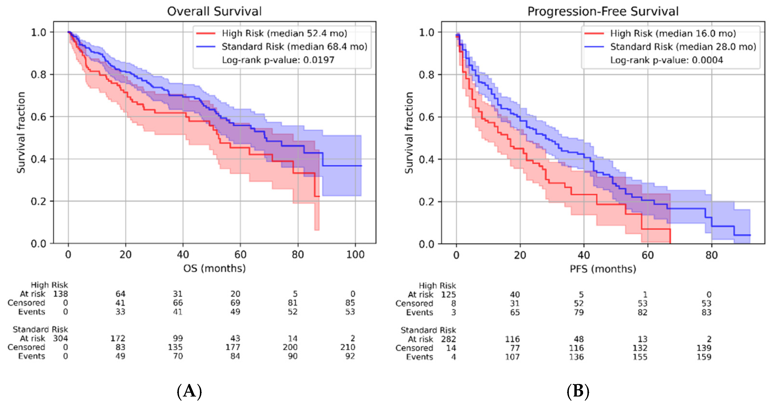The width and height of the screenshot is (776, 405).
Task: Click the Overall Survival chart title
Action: [x=214, y=11]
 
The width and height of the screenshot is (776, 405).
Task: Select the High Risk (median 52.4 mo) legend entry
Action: [x=272, y=33]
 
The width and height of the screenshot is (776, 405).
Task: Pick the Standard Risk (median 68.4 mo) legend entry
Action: [x=282, y=47]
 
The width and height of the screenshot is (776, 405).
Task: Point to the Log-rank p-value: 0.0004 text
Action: [x=667, y=60]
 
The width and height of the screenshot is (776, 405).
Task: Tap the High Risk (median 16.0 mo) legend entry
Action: [x=660, y=33]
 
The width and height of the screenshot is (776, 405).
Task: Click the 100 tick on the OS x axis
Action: [x=355, y=255]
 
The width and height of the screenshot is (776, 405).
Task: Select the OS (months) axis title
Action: [x=214, y=268]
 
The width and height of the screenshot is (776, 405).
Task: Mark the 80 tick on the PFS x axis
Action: [x=711, y=256]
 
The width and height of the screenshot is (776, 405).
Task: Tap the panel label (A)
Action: [x=189, y=391]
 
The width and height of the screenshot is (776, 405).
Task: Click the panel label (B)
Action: [x=578, y=391]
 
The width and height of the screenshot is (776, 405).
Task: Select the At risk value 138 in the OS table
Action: [x=60, y=294]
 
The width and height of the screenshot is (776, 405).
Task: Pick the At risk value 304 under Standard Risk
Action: [x=60, y=339]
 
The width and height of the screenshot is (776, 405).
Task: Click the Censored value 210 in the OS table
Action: [x=348, y=347]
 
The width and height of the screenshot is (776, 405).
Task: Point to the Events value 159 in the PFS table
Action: [x=704, y=357]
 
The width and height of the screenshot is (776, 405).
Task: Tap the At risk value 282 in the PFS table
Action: [x=448, y=339]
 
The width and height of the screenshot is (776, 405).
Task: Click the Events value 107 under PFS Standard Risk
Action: [x=512, y=357]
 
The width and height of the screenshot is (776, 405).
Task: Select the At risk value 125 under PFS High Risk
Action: [x=448, y=295]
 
